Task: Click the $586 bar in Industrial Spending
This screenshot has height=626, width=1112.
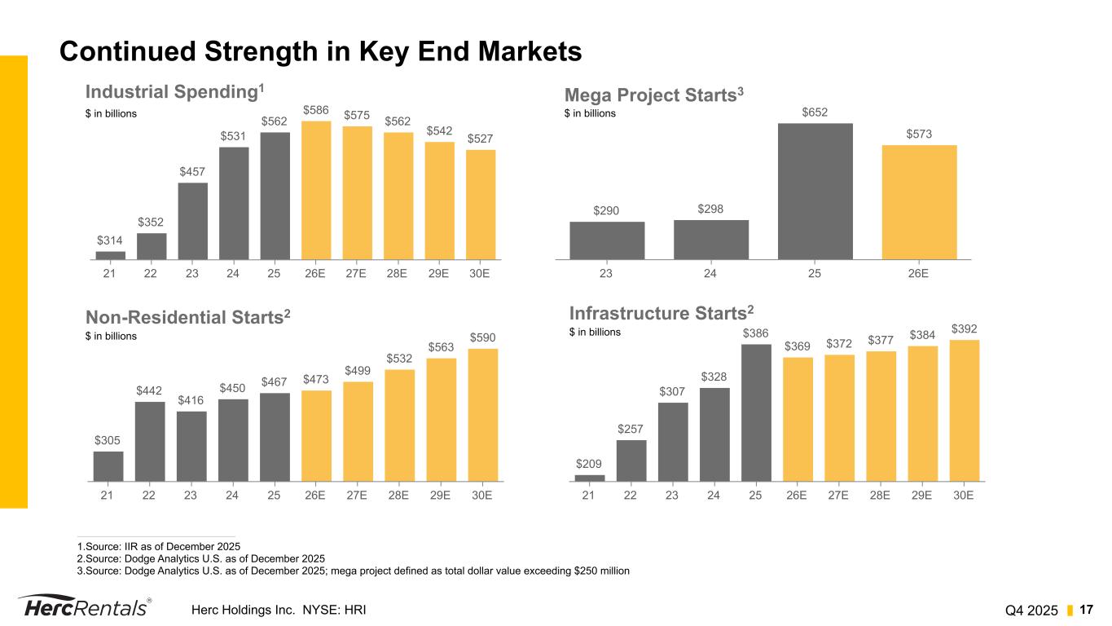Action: coord(316,190)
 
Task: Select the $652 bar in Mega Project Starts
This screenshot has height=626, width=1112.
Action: coord(815,191)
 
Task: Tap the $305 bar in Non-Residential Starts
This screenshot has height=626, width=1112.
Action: coord(108,466)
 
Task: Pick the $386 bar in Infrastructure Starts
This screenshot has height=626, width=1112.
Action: coord(756,412)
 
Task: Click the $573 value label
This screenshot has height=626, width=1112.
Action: coord(919,134)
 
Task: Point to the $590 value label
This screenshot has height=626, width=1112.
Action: coord(482,337)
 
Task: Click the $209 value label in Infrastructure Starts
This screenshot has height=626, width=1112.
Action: coord(590,465)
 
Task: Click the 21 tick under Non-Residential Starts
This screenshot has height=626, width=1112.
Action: coord(108,495)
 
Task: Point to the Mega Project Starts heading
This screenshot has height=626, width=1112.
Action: coord(655,96)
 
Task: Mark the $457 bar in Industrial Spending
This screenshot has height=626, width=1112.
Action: coord(192,221)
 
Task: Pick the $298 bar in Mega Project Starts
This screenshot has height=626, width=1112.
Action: coord(710,240)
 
